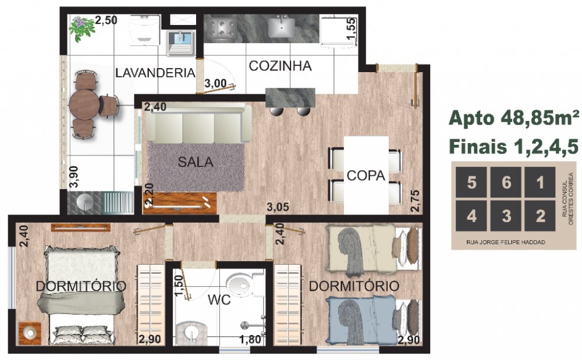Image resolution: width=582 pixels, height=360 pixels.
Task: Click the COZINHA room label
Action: (x=280, y=66)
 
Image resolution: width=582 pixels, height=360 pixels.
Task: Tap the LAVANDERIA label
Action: (x=155, y=73)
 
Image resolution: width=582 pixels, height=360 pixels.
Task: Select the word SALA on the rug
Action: (x=196, y=162)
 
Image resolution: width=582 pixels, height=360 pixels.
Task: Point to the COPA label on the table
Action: (x=366, y=176)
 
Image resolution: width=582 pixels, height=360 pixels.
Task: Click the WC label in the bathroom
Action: (x=219, y=300)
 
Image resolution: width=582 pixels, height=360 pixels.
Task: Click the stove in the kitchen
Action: (x=221, y=28)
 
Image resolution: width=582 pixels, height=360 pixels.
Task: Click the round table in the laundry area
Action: (x=84, y=105)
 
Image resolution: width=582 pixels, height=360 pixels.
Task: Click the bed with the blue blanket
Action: (x=374, y=320)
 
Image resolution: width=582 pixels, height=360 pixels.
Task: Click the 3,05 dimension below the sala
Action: (x=278, y=207)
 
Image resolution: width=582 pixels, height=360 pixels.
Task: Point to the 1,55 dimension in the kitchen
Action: (x=351, y=28)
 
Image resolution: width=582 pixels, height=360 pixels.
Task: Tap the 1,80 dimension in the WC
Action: (x=250, y=340)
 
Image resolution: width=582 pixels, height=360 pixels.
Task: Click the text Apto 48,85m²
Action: (x=514, y=118)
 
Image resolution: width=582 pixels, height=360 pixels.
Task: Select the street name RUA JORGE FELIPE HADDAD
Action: (x=506, y=242)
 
